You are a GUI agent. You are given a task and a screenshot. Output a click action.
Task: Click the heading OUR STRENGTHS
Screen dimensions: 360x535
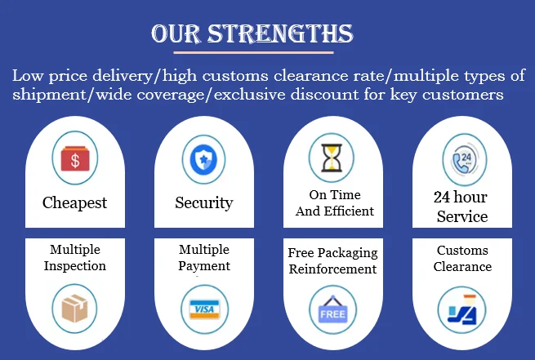tap(252, 33)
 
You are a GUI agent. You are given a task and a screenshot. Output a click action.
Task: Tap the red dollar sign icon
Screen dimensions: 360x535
tap(75, 158)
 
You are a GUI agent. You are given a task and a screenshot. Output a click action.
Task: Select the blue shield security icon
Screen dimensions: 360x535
tap(203, 158)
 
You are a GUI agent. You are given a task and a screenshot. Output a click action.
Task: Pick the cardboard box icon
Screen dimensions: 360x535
tap(75, 309)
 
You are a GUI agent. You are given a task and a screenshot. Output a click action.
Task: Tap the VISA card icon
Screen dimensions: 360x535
tap(203, 309)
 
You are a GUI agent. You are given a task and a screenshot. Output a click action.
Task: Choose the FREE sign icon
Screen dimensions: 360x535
tap(332, 311)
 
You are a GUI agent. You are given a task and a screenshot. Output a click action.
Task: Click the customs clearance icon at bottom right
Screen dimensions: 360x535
tap(461, 309)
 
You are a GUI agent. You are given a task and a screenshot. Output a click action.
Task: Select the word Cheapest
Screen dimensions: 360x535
tap(75, 202)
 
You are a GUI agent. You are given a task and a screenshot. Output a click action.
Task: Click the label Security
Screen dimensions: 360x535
tap(203, 202)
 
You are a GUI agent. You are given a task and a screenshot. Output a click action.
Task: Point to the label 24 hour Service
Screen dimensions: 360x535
tap(461, 207)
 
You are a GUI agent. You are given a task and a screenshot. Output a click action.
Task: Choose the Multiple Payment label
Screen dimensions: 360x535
tap(204, 257)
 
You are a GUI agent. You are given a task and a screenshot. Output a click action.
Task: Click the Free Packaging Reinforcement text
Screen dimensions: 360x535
tap(332, 260)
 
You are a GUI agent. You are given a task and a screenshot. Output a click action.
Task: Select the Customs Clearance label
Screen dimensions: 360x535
tap(462, 258)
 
